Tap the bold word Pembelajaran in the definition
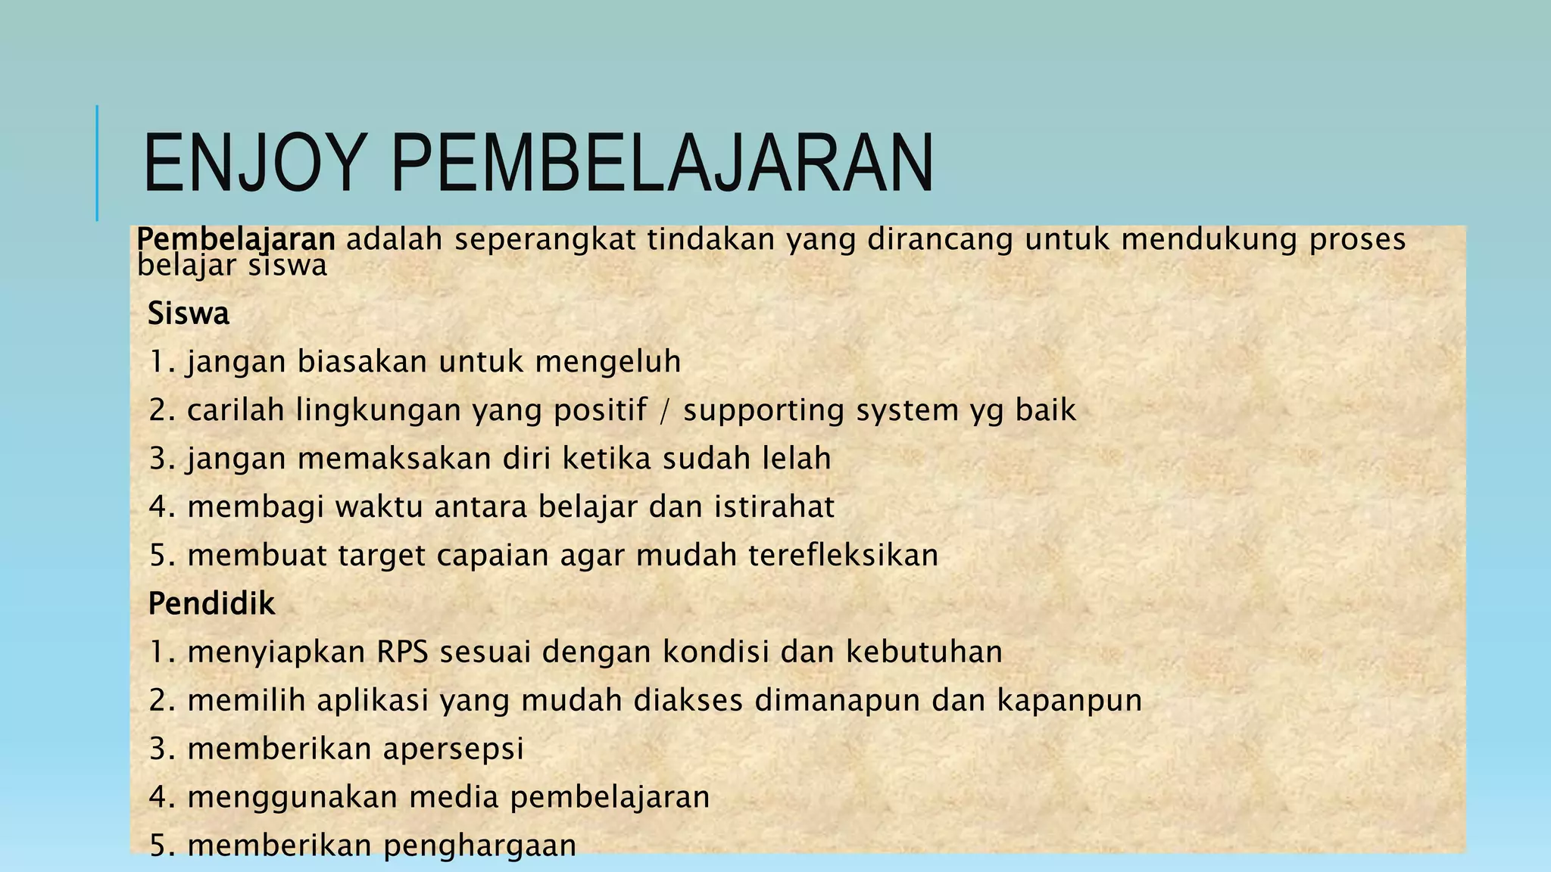[x=236, y=239]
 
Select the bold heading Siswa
[x=188, y=313]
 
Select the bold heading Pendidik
[x=211, y=604]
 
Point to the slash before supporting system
[x=665, y=410]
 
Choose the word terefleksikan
[x=843, y=556]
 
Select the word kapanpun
[x=1069, y=700]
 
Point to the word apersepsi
[x=453, y=749]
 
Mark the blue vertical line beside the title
[x=97, y=163]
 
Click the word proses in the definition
[x=1357, y=239]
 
